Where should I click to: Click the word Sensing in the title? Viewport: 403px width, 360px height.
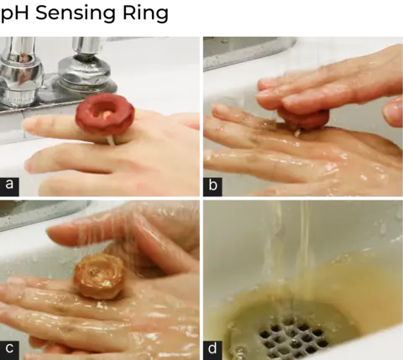click(76, 13)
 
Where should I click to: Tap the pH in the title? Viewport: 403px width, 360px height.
click(14, 13)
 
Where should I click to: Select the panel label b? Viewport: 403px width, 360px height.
click(212, 185)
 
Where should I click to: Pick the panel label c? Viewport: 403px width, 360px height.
click(9, 349)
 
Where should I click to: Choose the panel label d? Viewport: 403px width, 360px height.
click(212, 349)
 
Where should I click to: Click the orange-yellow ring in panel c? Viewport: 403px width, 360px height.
click(99, 276)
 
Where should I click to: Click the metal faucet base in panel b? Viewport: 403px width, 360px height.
click(249, 53)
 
